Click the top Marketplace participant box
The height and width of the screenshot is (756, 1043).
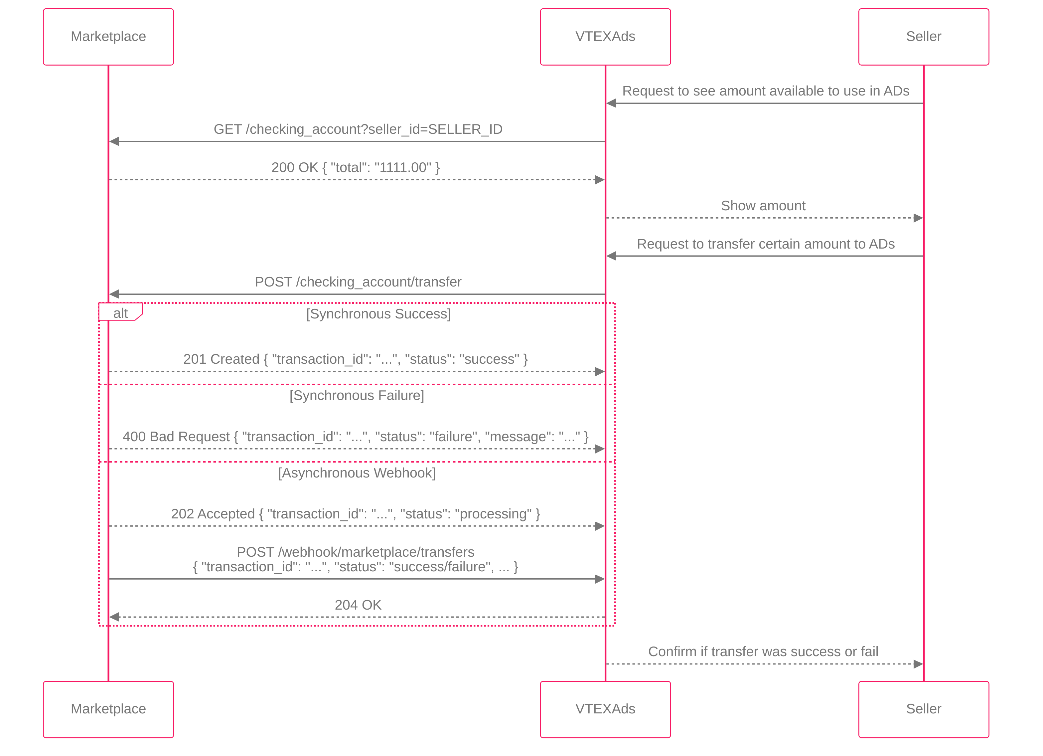[108, 37]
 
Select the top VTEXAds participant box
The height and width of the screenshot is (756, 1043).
[605, 37]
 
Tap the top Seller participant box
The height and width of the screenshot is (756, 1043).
[923, 37]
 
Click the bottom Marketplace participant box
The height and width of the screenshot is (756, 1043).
[108, 709]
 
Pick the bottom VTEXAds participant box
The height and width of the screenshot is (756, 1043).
[605, 709]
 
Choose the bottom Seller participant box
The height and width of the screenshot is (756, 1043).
[923, 709]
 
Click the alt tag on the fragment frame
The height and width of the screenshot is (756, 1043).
[120, 313]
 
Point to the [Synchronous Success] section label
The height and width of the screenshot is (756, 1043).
[378, 314]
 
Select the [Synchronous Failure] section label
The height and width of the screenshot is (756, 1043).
[357, 395]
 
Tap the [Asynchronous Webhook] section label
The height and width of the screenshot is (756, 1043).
[357, 472]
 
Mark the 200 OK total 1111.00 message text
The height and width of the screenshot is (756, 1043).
[356, 167]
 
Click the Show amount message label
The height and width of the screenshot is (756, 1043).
[763, 206]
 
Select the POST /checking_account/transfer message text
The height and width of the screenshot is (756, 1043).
[358, 282]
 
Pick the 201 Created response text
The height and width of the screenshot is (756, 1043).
[356, 359]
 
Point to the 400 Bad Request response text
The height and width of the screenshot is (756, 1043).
[356, 436]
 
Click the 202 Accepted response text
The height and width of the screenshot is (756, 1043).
[356, 513]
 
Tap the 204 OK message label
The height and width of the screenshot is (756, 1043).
[358, 605]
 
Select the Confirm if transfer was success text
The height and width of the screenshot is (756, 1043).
[763, 652]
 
